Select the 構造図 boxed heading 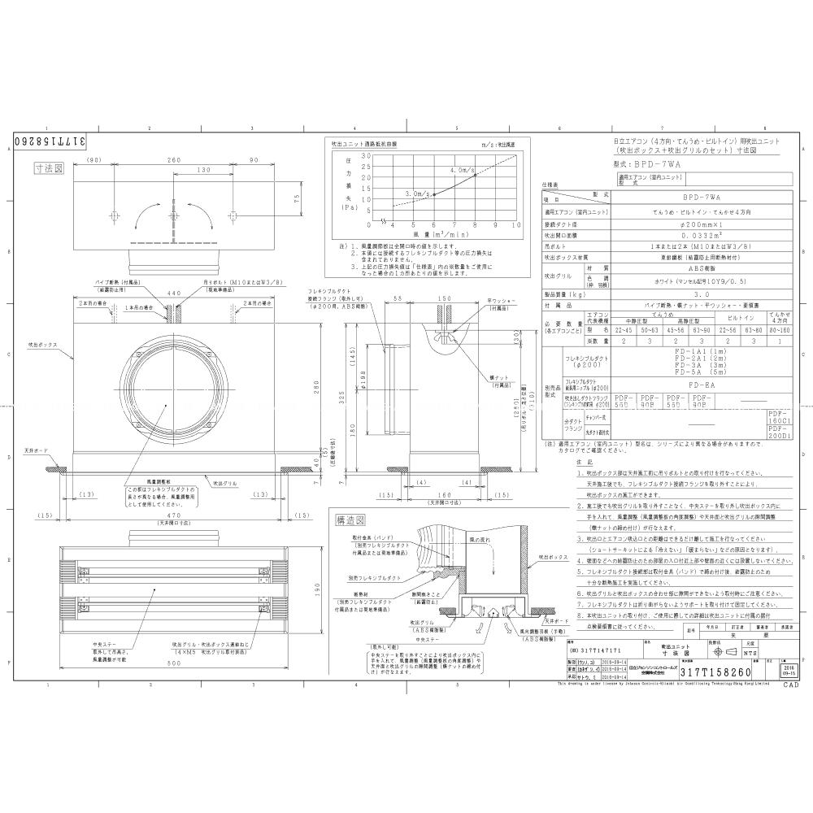tap(350, 519)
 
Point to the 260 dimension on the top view tap(173, 160)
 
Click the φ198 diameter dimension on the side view tap(365, 381)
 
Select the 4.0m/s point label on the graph tap(462, 170)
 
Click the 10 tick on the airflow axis tap(516, 225)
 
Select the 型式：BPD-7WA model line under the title tap(651, 163)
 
